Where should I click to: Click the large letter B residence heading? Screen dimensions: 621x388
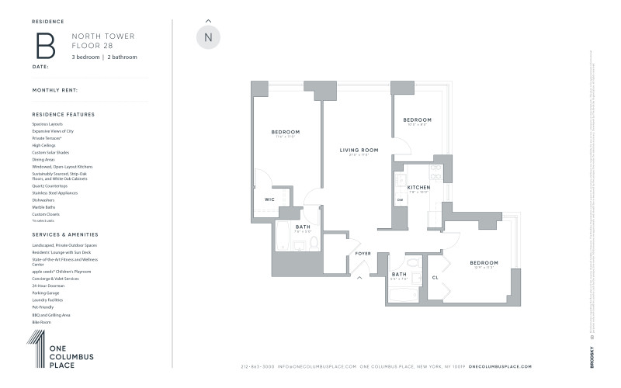pos(46,46)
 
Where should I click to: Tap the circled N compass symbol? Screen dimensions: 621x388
pos(207,37)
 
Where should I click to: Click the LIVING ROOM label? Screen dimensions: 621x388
pos(359,150)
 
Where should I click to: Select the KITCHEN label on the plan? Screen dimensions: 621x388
pos(418,187)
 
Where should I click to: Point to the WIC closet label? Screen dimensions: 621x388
pos(269,199)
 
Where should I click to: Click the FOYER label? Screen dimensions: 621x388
pos(363,253)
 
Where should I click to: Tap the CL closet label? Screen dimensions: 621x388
pos(435,277)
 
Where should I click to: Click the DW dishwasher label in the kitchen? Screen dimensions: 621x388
pos(401,200)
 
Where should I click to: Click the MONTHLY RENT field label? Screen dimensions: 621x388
pos(55,90)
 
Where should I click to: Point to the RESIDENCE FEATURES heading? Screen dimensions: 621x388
pos(64,114)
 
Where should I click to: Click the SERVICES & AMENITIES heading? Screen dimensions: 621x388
pos(65,234)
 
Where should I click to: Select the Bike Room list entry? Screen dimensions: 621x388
pos(41,320)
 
